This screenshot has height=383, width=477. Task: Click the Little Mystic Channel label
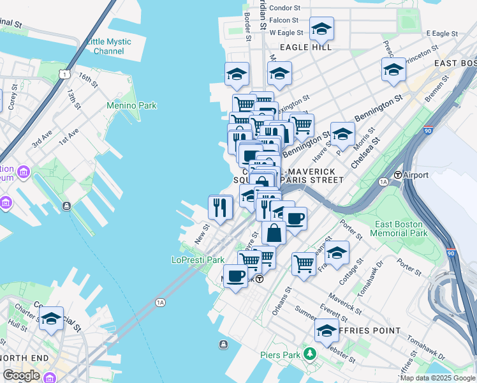[108, 47]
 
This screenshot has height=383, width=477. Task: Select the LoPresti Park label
[198, 260]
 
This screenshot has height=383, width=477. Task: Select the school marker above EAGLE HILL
[321, 29]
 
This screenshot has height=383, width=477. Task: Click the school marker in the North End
[50, 319]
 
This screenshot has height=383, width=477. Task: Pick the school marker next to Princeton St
[393, 70]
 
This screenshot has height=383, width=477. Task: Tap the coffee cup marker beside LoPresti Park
[235, 276]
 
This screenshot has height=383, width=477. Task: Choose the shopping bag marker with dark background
[274, 233]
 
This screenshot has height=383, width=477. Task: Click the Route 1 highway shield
[64, 75]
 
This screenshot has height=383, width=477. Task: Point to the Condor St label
[284, 8]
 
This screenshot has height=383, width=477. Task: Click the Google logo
[21, 375]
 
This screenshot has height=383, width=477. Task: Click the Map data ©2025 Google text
[437, 377]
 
